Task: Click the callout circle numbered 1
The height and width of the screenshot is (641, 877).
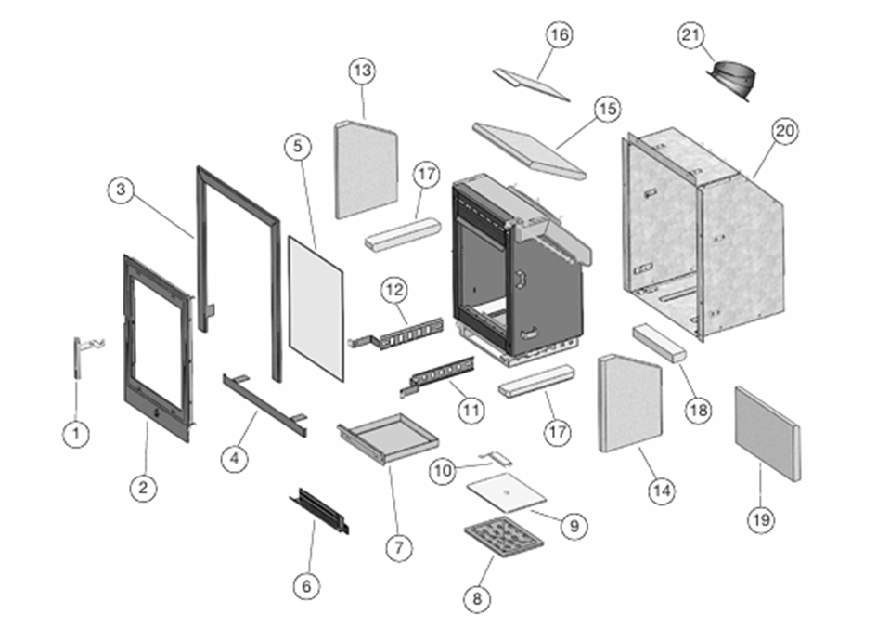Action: point(77,432)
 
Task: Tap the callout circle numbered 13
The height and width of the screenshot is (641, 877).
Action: point(362,71)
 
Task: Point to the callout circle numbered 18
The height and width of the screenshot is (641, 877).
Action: point(698,409)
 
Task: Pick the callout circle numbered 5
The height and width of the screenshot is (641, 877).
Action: point(295,147)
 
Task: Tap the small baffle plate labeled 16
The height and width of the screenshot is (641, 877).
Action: point(532,83)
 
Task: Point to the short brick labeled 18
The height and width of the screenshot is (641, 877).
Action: point(659,344)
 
